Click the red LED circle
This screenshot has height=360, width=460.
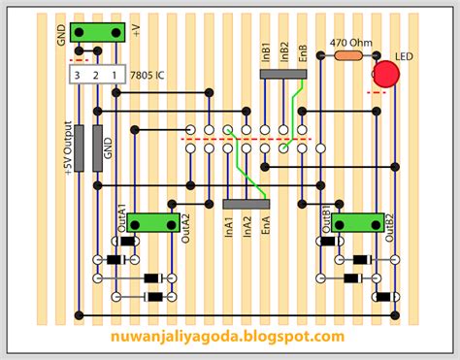pyautogui.click(x=386, y=75)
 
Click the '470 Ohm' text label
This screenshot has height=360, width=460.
pyautogui.click(x=351, y=43)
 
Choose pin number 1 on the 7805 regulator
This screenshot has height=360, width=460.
pyautogui.click(x=115, y=75)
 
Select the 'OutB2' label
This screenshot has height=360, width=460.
pyautogui.click(x=390, y=221)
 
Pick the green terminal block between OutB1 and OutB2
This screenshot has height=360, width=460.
pyautogui.click(x=356, y=224)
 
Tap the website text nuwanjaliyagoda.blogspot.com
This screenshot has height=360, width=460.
pyautogui.click(x=229, y=337)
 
